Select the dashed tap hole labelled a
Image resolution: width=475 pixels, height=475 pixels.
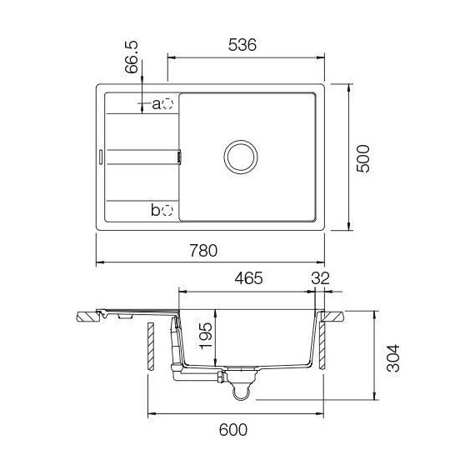coord(167,103)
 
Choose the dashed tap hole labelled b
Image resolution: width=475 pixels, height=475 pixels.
coord(167,210)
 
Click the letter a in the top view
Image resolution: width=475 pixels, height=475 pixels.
coord(156,104)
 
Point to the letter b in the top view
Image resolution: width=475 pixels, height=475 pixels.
coord(156,210)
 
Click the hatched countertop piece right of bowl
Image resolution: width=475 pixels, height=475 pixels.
coord(334,317)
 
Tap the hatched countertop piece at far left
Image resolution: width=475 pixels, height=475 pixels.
coord(86,317)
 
